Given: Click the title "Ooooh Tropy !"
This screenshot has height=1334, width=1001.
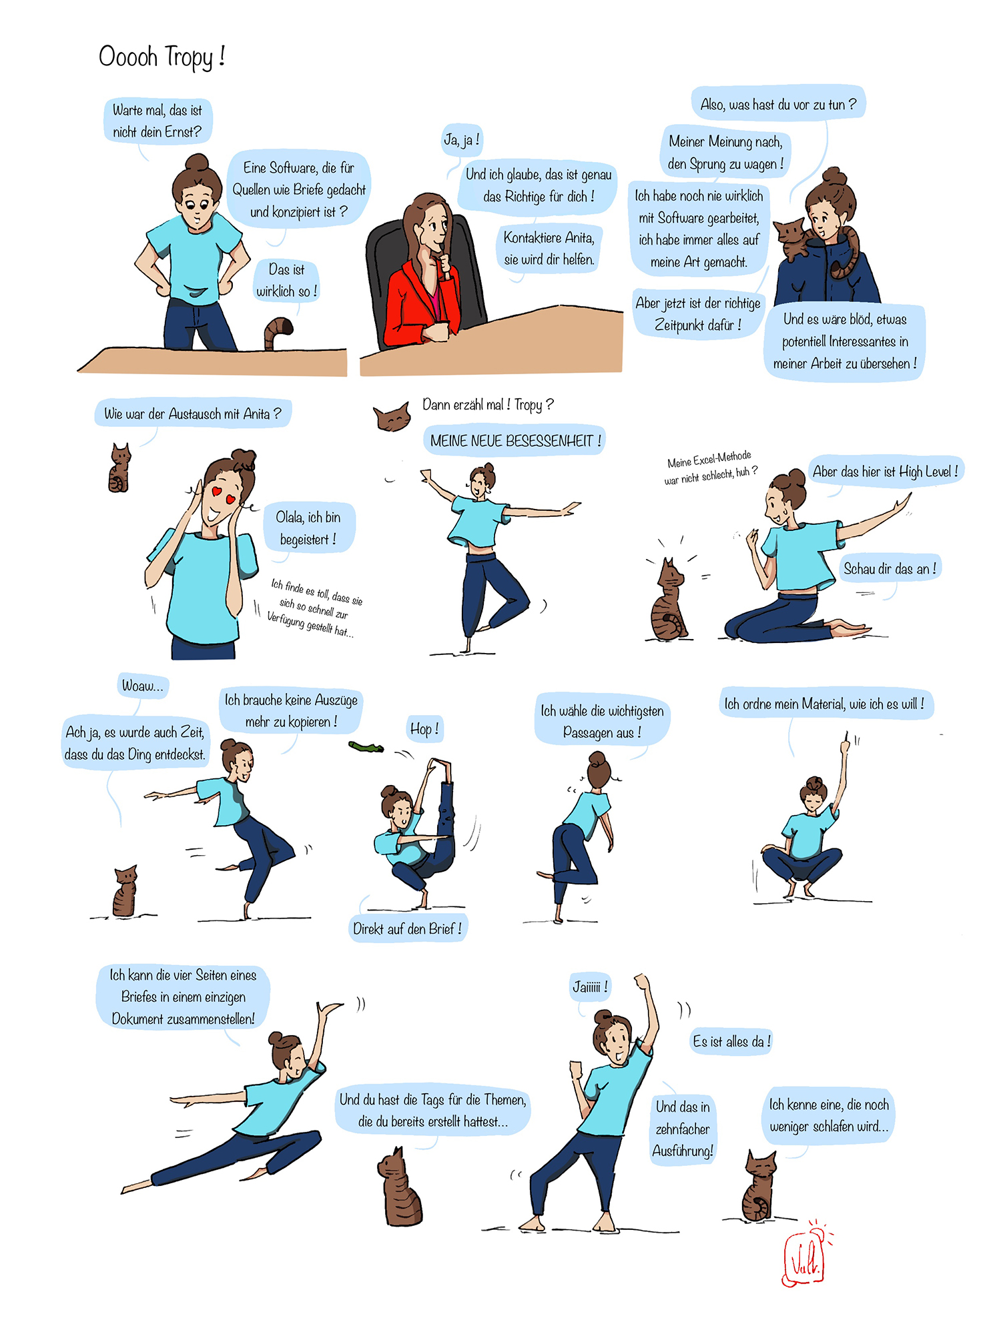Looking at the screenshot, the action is pyautogui.click(x=161, y=57).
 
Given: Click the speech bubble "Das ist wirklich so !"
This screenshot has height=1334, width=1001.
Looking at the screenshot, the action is pyautogui.click(x=287, y=281).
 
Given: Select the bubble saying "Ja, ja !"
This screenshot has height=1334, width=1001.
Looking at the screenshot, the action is pyautogui.click(x=461, y=140).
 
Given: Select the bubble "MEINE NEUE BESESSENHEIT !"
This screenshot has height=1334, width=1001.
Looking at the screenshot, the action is pyautogui.click(x=514, y=441).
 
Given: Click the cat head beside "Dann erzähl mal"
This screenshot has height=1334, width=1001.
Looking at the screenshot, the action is pyautogui.click(x=392, y=417).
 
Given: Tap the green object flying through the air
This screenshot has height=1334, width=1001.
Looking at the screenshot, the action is pyautogui.click(x=366, y=747).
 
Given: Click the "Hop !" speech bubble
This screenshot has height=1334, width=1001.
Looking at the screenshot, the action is pyautogui.click(x=424, y=729).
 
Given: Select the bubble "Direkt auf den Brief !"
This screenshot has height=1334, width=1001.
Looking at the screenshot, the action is pyautogui.click(x=408, y=928).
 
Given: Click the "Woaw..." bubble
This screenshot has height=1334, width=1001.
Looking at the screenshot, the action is pyautogui.click(x=142, y=686).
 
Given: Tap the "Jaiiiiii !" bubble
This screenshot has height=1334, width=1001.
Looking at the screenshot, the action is pyautogui.click(x=590, y=987).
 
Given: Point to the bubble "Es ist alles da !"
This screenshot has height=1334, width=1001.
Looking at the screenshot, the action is pyautogui.click(x=731, y=1041).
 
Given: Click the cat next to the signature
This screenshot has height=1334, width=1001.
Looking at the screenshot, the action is pyautogui.click(x=759, y=1186).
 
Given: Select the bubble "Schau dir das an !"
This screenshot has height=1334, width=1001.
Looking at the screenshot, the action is pyautogui.click(x=890, y=569).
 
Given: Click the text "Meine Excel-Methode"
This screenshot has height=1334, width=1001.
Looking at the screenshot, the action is pyautogui.click(x=709, y=460).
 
